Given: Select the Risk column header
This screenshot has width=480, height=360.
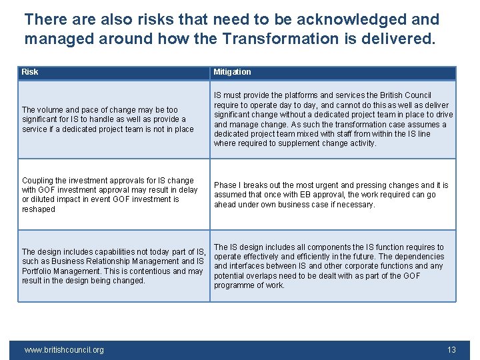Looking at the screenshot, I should click(30, 72).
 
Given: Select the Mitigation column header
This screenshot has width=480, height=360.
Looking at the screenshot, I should click(232, 72).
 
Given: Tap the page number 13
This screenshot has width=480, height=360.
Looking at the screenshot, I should click(451, 349).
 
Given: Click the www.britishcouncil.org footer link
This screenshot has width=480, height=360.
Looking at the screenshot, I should click(64, 349).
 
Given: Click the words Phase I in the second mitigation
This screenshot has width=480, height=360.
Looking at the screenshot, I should click(227, 185).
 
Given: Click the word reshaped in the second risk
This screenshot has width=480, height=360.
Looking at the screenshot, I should click(38, 209).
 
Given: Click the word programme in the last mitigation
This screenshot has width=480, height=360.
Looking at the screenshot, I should click(234, 285).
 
